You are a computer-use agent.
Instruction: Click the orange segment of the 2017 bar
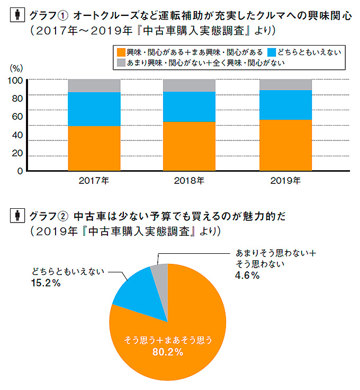tap(94, 148)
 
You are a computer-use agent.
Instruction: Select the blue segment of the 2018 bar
tap(190, 107)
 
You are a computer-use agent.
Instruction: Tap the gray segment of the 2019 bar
tap(285, 84)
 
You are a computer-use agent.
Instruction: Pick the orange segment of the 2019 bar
tap(285, 145)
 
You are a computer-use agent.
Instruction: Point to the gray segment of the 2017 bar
tap(94, 85)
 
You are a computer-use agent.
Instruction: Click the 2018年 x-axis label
tap(189, 181)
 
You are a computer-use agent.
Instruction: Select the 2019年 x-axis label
tap(285, 181)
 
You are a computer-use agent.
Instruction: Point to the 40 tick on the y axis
tap(17, 135)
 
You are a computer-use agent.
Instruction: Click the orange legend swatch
tap(120, 52)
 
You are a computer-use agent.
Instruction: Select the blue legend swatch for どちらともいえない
tap(272, 52)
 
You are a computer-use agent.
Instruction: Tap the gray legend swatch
tap(120, 63)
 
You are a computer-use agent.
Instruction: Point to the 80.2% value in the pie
tap(168, 352)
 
